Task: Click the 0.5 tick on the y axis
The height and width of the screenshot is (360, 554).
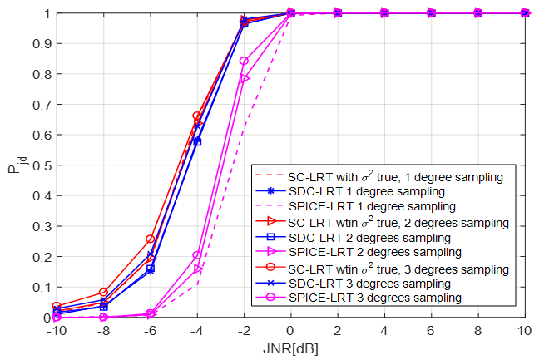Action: coord(38,165)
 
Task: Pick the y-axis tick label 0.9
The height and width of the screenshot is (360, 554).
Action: coord(38,44)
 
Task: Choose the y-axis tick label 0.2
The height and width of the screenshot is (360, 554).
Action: coord(38,257)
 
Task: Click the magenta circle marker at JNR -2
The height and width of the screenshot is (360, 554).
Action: coord(244,61)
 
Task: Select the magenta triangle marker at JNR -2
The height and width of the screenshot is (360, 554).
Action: coord(244,79)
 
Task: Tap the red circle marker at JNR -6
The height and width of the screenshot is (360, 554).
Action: coord(150,239)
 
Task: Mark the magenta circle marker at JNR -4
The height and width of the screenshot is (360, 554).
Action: coord(197,255)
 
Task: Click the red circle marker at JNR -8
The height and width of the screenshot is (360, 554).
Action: coord(103,293)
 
